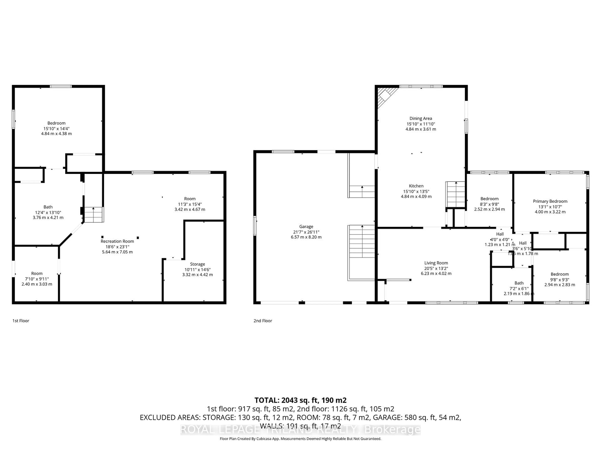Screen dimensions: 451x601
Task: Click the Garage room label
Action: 306,226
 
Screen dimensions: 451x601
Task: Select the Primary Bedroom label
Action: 550,201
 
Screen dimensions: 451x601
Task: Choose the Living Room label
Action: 436,263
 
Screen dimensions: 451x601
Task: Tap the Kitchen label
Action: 416,186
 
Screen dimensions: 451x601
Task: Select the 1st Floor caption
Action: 21,321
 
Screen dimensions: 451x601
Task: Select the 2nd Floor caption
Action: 263,321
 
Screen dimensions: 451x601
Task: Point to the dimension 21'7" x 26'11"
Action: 306,232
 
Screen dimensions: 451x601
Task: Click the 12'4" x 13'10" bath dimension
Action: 48,212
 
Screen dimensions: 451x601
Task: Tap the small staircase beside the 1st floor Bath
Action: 93,215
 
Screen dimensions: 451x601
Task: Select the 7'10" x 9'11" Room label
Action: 37,273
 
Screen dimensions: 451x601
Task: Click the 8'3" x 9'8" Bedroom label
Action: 489,199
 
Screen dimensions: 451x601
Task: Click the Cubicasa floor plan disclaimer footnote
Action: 300,439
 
